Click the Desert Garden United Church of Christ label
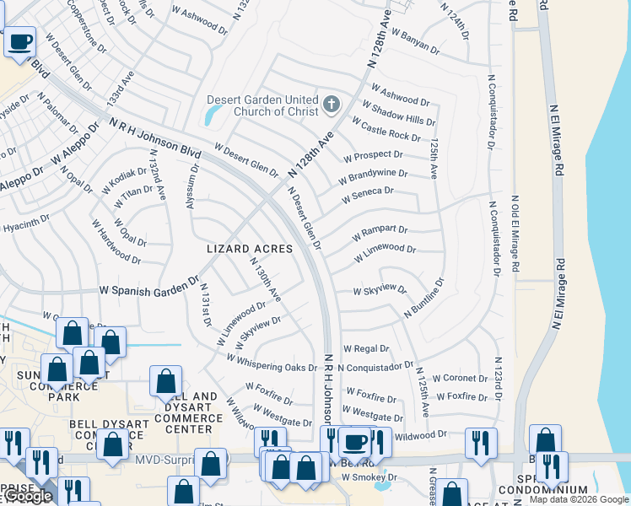point(263,105)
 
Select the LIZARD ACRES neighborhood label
point(251,249)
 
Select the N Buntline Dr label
point(423,299)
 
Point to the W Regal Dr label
point(365,348)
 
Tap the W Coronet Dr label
point(459,379)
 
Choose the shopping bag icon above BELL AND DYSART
point(165,380)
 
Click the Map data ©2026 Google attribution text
point(579,499)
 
